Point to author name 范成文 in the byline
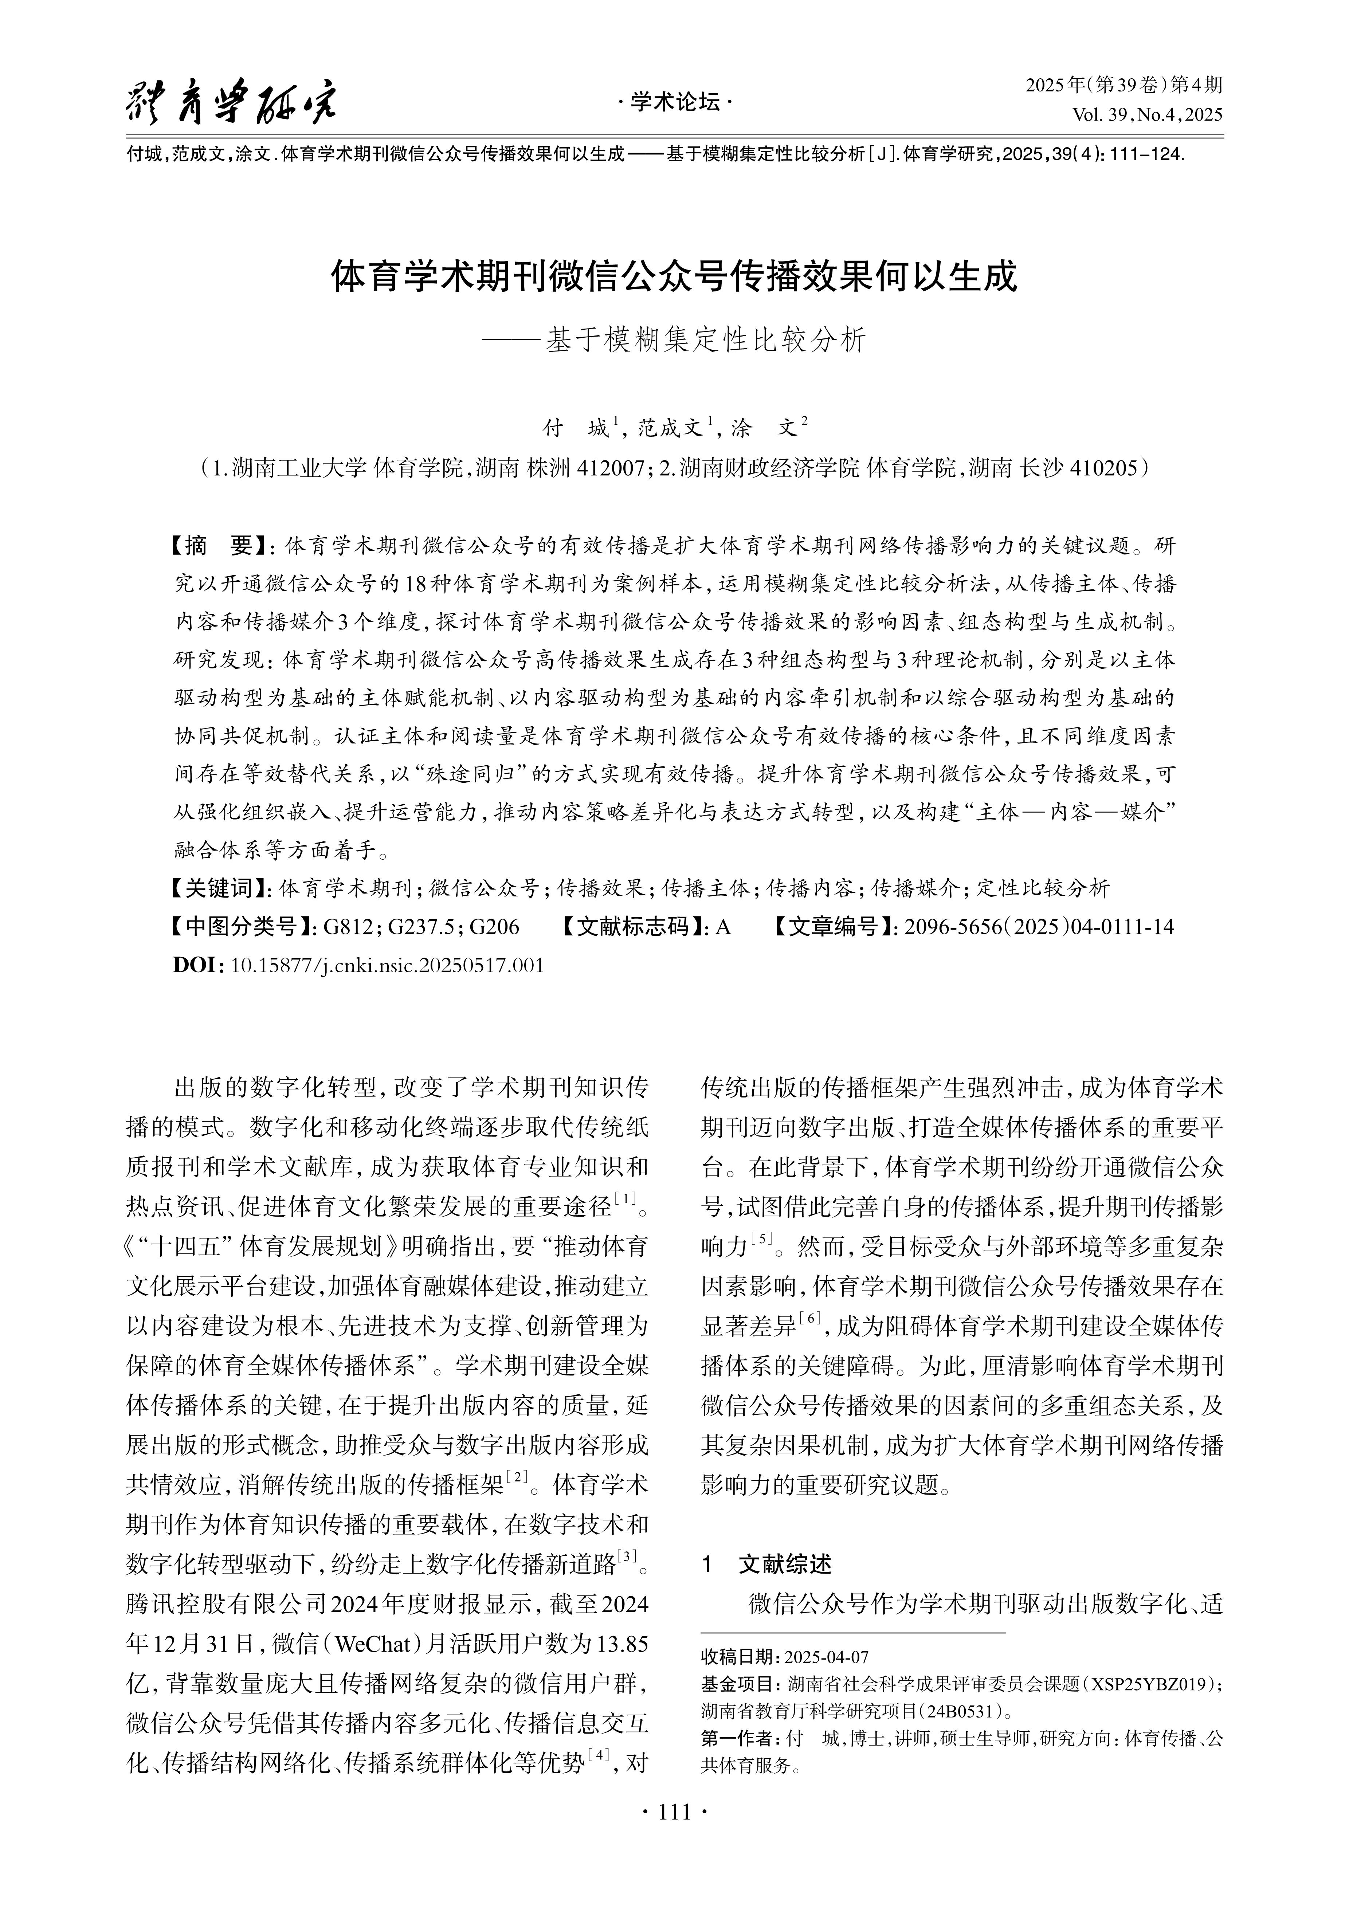pyautogui.click(x=670, y=428)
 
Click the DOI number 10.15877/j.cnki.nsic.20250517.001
pyautogui.click(x=387, y=965)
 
